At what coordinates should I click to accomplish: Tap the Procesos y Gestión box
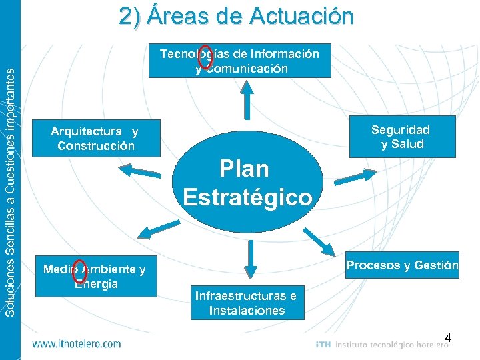402,265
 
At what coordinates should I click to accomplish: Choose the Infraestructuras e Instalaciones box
246,302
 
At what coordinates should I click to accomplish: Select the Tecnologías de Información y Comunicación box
239,61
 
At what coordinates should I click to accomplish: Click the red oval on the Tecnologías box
206,57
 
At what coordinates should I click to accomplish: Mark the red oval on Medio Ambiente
80,270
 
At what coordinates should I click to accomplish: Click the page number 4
448,338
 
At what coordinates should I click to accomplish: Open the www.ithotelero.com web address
77,344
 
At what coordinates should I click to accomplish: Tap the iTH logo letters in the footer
323,345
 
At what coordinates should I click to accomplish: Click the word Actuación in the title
303,16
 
